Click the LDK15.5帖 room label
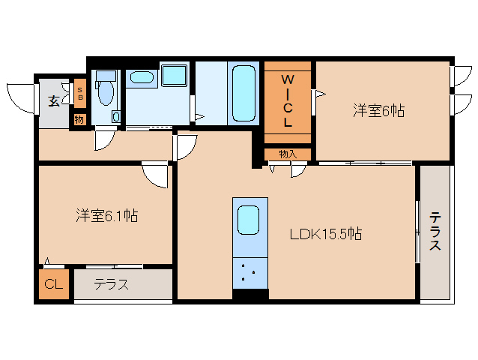tap(326, 234)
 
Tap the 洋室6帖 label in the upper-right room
tap(379, 111)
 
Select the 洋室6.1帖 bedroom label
tap(106, 216)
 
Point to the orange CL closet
tap(53, 284)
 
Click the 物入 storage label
tap(287, 154)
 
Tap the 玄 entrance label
tap(54, 100)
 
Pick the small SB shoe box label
tap(79, 94)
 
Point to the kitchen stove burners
tap(249, 272)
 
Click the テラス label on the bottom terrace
tap(111, 284)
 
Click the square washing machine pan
tap(174, 76)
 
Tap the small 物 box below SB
tap(79, 119)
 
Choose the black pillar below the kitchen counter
tap(249, 295)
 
